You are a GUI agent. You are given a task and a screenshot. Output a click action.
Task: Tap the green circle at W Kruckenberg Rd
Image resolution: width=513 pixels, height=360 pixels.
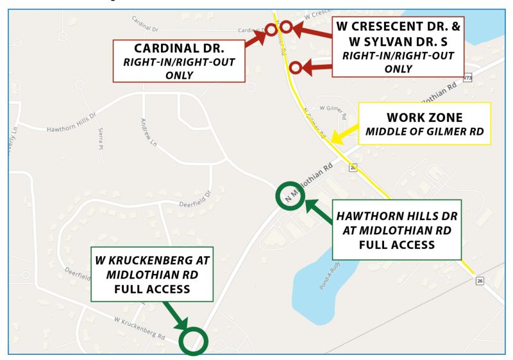tap(193, 341)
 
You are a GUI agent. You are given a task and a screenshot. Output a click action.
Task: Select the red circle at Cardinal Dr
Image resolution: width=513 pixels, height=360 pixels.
tap(271, 30)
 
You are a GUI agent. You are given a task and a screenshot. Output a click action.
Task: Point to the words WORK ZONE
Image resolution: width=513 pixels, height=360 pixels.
tap(425, 118)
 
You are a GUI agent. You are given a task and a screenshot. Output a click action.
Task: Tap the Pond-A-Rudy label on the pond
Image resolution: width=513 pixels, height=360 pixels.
tap(326, 279)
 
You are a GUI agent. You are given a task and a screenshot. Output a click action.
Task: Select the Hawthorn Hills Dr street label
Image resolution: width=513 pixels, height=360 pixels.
tap(71, 128)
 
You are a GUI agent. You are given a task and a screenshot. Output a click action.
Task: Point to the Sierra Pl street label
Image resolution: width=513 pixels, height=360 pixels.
tap(101, 136)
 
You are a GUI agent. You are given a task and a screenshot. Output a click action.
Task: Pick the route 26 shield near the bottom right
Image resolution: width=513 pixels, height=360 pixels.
tap(479, 281)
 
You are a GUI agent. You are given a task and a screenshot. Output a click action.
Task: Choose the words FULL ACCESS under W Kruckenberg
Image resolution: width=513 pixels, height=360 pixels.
tap(151, 289)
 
